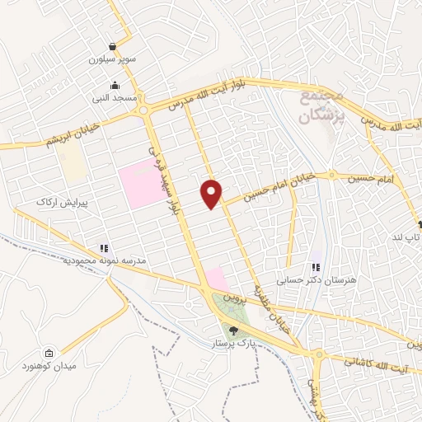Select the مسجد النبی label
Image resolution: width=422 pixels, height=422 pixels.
114,98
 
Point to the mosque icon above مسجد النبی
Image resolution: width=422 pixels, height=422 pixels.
114,85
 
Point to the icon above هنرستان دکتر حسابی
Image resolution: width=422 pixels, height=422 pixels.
316,267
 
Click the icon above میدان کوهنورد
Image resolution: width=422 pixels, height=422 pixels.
49,352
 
